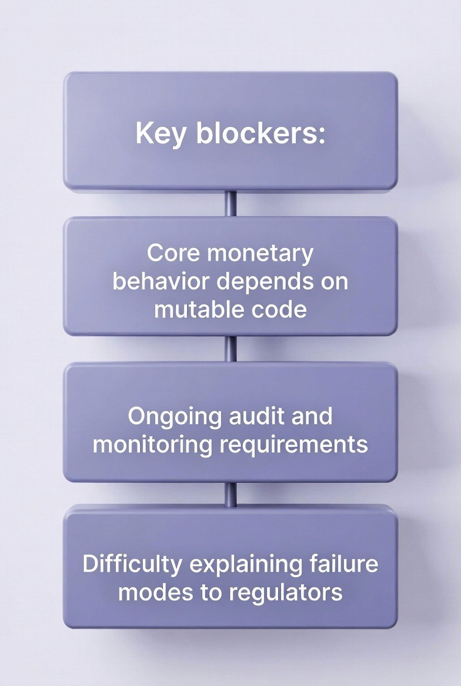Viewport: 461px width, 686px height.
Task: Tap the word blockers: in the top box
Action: coord(260,133)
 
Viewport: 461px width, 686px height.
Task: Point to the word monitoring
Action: coord(152,444)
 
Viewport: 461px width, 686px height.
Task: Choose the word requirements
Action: coord(293,444)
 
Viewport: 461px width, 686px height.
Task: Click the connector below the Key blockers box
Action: coord(231,204)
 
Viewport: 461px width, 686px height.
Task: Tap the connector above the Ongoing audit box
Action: coord(231,349)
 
